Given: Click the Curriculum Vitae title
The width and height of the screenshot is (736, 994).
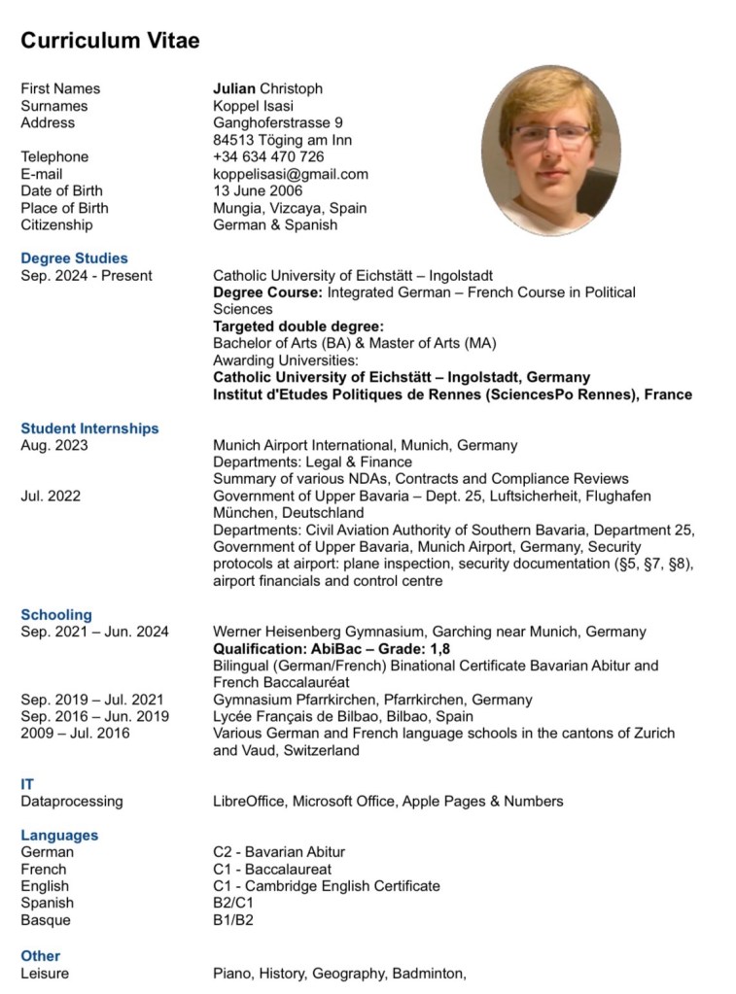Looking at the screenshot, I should tap(110, 41).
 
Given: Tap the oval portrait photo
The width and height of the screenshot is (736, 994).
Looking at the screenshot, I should tap(550, 151).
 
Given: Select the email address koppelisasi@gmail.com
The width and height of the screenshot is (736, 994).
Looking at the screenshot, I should tap(291, 174).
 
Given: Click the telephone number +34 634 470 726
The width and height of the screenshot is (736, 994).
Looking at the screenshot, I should tap(268, 156).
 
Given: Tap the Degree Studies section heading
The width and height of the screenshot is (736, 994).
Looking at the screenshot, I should tap(74, 258).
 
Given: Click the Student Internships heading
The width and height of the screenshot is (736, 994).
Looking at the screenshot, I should tap(89, 428).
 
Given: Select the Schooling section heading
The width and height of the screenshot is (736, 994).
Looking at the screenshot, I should tap(56, 615).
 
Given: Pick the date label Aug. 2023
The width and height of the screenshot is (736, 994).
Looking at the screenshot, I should tap(54, 445).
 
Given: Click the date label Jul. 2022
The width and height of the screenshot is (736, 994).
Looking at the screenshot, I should tap(51, 496).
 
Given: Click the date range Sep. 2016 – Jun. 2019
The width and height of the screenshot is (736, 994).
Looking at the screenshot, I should tap(94, 716).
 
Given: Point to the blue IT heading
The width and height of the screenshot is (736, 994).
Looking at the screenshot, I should tap(27, 784).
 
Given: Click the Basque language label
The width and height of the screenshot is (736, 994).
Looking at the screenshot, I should tap(46, 920).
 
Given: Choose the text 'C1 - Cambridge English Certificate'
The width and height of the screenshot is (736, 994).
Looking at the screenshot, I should tap(327, 886).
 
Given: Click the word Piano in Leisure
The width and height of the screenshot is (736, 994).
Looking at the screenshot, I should tap(231, 973).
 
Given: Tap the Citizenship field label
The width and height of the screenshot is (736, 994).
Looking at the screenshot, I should tap(56, 224).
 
